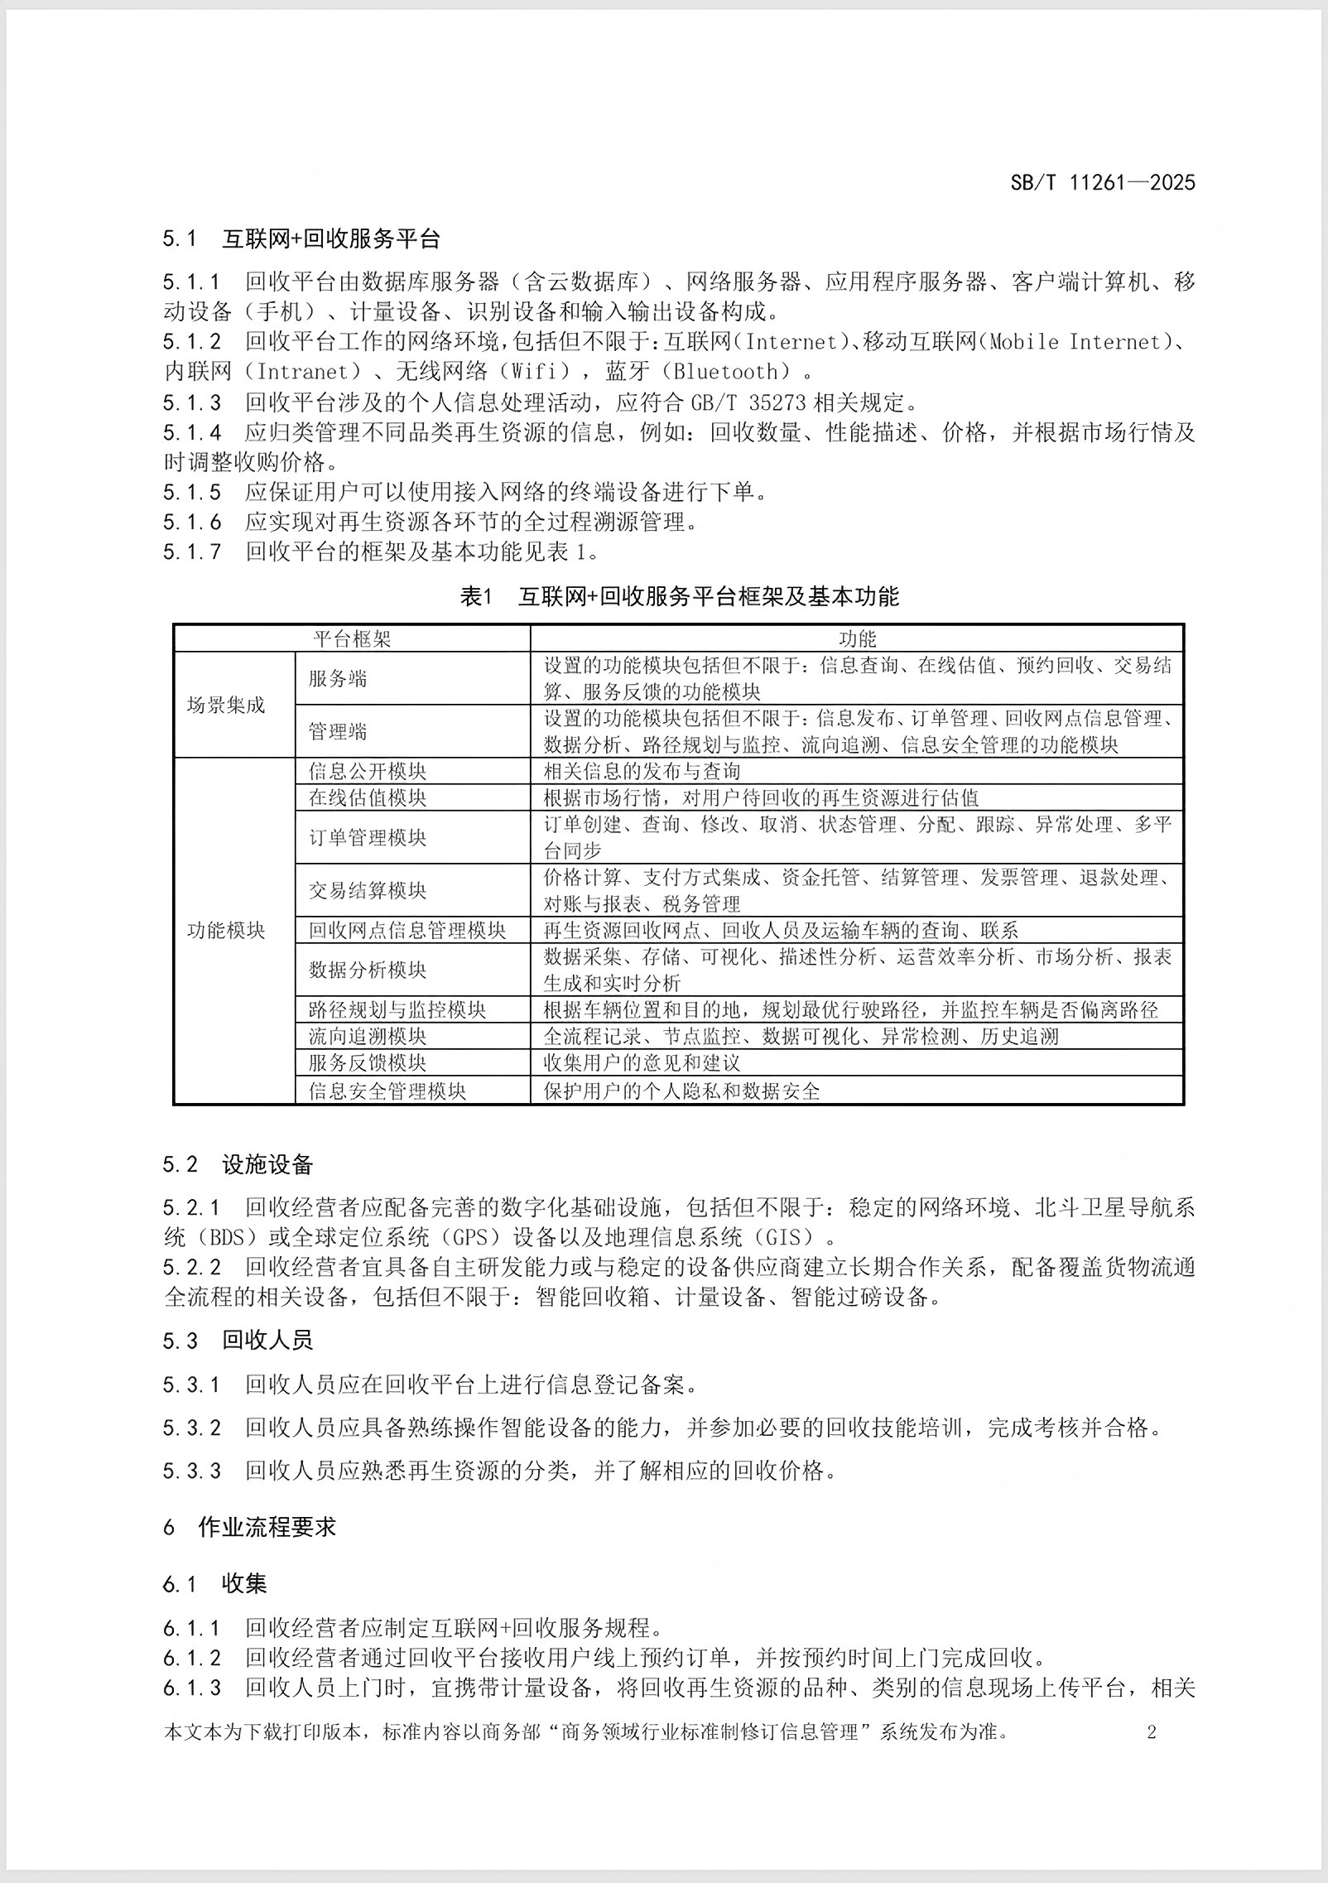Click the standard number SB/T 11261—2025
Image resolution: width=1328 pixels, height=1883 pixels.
(x=1102, y=183)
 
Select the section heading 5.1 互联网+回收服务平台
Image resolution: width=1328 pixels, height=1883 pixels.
(x=301, y=239)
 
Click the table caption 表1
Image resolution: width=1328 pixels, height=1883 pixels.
(x=476, y=596)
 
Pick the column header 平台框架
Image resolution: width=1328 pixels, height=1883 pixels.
(x=352, y=638)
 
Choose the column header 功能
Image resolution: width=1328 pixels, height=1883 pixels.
(x=857, y=638)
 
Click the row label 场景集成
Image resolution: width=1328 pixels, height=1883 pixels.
(x=226, y=705)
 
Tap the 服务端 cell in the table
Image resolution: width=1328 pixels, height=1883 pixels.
(x=338, y=678)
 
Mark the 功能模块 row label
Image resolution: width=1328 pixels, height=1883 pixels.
(x=226, y=930)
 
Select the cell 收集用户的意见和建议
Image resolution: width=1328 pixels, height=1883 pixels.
(x=642, y=1062)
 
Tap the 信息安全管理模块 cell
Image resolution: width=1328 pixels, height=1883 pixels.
(x=387, y=1091)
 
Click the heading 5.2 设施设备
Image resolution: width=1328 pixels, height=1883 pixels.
(x=238, y=1165)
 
